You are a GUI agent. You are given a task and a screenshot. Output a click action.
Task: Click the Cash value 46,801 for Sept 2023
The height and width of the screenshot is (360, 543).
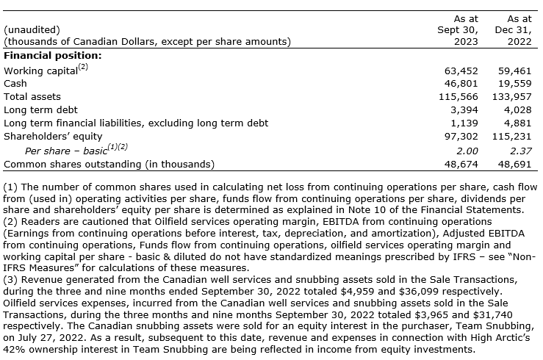tap(462, 84)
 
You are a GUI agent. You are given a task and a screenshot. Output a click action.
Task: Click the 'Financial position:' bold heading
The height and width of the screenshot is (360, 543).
tap(53, 55)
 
